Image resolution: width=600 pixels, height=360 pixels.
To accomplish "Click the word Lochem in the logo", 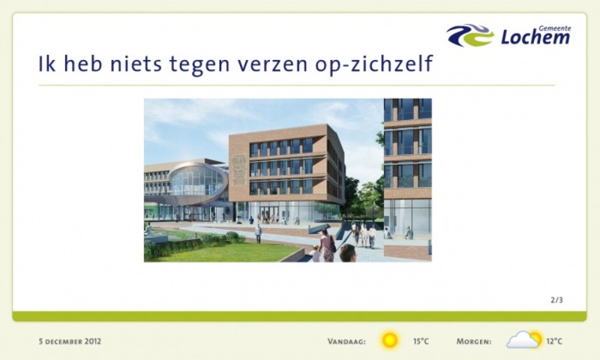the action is [535, 37].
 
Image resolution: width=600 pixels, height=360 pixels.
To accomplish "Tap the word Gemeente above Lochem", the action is [554, 28].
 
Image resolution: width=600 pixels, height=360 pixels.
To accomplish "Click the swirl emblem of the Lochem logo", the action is [470, 35].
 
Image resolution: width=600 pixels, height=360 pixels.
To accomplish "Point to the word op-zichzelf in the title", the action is [373, 64].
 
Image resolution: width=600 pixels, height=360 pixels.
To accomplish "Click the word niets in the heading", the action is [136, 63].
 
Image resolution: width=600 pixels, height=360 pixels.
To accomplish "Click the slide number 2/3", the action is [556, 300].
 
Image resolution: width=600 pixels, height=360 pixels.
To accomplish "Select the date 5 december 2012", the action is [70, 340].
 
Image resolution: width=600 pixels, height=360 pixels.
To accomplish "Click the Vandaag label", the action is [346, 341].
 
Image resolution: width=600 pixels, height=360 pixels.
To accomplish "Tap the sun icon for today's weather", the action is [389, 340].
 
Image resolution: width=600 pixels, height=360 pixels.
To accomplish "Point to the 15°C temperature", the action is [421, 341].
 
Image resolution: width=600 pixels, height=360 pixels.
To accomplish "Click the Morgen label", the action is [474, 341].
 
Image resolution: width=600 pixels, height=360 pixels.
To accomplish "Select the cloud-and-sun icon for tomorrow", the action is [524, 339].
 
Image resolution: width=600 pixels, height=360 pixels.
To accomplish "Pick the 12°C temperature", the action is [554, 341].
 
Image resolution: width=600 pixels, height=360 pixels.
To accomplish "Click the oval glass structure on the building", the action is [197, 183].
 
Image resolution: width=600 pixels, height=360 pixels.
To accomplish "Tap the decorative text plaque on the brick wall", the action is [238, 167].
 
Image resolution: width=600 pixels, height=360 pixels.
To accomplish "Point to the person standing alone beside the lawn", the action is [258, 233].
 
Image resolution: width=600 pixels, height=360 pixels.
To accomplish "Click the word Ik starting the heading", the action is [46, 63].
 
